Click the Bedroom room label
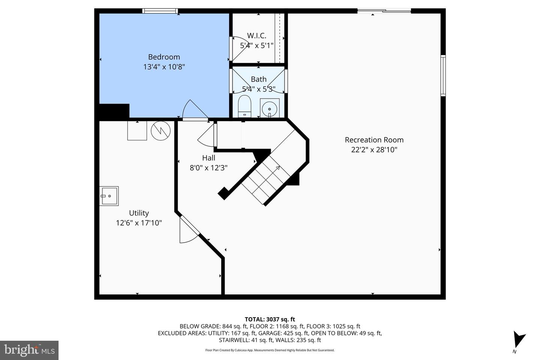[164, 57]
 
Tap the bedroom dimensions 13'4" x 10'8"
[164, 67]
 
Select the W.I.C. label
[256, 36]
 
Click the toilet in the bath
[244, 106]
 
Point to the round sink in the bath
[269, 109]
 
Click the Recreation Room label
[374, 140]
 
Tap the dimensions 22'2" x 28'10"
[374, 150]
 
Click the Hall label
[208, 158]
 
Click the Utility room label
[139, 213]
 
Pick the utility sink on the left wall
[109, 196]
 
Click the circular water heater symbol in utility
[160, 130]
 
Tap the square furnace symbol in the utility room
[137, 130]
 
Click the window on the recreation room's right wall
[443, 75]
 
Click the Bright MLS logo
[29, 350]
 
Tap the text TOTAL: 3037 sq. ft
[270, 319]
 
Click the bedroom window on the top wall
[160, 11]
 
